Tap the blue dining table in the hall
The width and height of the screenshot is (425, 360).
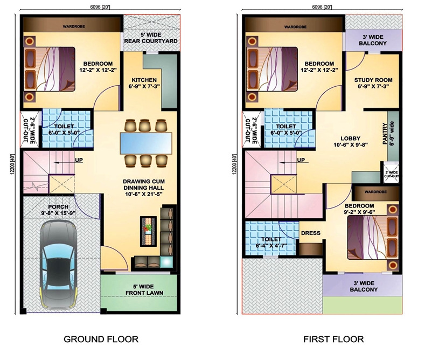[x=146, y=143]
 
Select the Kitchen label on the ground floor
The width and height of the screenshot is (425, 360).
[x=144, y=83]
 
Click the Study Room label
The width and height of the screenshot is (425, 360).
[x=373, y=83]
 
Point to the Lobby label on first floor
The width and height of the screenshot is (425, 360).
[x=351, y=142]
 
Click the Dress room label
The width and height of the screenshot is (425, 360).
[x=311, y=233]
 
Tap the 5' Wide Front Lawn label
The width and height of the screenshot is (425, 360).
[x=144, y=290]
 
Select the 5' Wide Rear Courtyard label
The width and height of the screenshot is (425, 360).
[x=151, y=38]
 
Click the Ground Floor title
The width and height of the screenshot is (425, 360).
[x=101, y=339]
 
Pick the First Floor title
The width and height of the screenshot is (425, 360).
[x=333, y=339]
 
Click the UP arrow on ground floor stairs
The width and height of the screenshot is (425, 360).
[x=65, y=163]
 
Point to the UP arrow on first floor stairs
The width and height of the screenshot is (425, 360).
[x=289, y=163]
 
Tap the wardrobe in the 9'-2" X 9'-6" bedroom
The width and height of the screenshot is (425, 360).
[x=375, y=192]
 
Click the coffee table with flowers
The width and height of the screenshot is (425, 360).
[x=148, y=231]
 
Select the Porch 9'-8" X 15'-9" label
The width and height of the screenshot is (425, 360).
[x=58, y=210]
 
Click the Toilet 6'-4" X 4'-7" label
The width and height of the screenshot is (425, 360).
[x=271, y=243]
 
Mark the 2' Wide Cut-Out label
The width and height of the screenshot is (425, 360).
[x=392, y=174]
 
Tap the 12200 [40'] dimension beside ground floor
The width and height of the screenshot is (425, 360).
[x=12, y=168]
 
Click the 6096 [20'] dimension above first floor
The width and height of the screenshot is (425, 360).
[x=322, y=7]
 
